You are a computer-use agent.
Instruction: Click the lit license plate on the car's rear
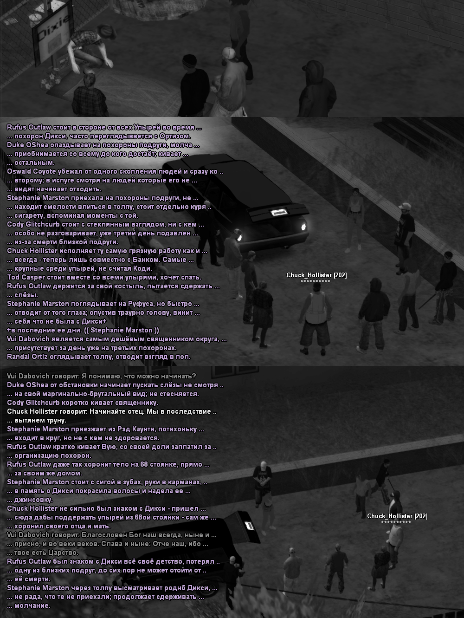279,213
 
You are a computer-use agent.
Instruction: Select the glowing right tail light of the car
303,227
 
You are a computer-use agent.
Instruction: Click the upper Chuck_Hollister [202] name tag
316,275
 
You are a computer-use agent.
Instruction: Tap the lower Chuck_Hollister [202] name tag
397,516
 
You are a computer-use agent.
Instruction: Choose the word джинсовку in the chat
33,500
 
